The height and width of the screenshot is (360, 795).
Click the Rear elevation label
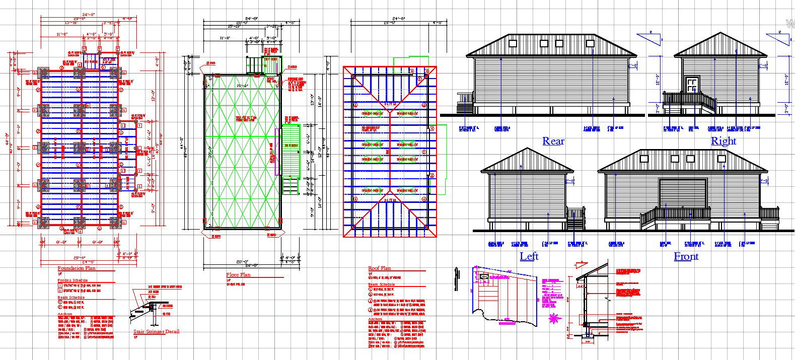[553, 141]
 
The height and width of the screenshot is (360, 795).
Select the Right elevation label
[723, 141]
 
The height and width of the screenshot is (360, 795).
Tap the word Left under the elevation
[529, 256]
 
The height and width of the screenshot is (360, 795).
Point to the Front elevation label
[686, 256]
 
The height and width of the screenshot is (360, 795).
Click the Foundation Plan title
[77, 268]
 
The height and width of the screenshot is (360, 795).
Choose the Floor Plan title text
[238, 275]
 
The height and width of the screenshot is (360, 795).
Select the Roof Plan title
[379, 268]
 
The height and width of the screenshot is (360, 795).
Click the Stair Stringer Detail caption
[156, 332]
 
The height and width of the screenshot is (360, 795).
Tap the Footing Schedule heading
[73, 280]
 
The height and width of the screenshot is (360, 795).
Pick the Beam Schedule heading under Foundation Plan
[71, 298]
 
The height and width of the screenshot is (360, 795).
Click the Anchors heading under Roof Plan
[375, 319]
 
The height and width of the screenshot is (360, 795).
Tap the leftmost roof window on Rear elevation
[513, 43]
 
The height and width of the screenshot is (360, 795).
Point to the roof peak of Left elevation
[527, 149]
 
